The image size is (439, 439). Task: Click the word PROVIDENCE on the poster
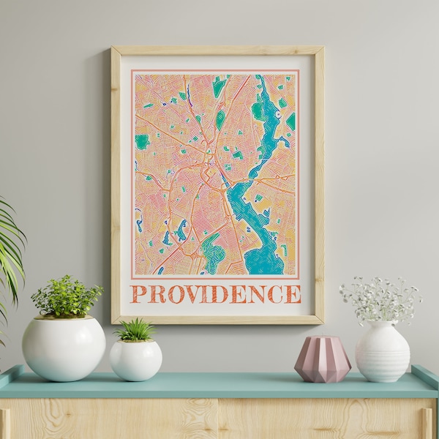tap(216, 293)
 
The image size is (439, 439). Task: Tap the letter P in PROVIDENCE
tap(138, 294)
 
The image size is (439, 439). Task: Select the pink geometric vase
tap(322, 359)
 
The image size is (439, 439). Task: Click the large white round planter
tap(64, 348)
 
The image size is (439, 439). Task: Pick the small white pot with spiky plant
tap(135, 360)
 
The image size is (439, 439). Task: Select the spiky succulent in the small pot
tap(135, 330)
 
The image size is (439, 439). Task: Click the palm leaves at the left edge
tap(10, 249)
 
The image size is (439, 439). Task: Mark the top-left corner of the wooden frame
tap(114, 50)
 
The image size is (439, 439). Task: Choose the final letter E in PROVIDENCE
tap(293, 294)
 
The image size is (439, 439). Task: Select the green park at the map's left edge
tap(141, 141)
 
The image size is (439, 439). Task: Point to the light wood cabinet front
tap(219, 420)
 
